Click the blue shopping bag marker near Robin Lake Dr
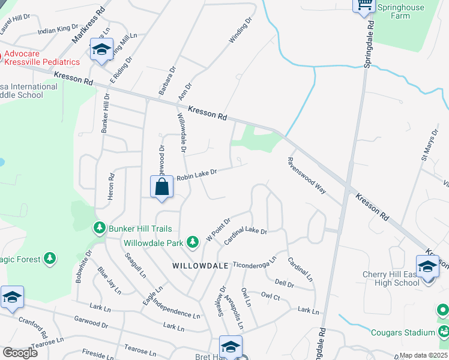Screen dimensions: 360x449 click(162, 187)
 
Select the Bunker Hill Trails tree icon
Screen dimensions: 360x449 click(99, 228)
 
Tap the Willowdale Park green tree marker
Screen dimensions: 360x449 click(192, 242)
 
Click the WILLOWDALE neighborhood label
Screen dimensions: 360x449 click(200, 265)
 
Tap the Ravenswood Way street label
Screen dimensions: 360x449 click(306, 175)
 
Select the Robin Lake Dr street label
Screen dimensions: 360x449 click(196, 175)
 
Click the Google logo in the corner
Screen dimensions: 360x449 click(20, 353)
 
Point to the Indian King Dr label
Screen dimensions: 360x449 click(58, 29)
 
